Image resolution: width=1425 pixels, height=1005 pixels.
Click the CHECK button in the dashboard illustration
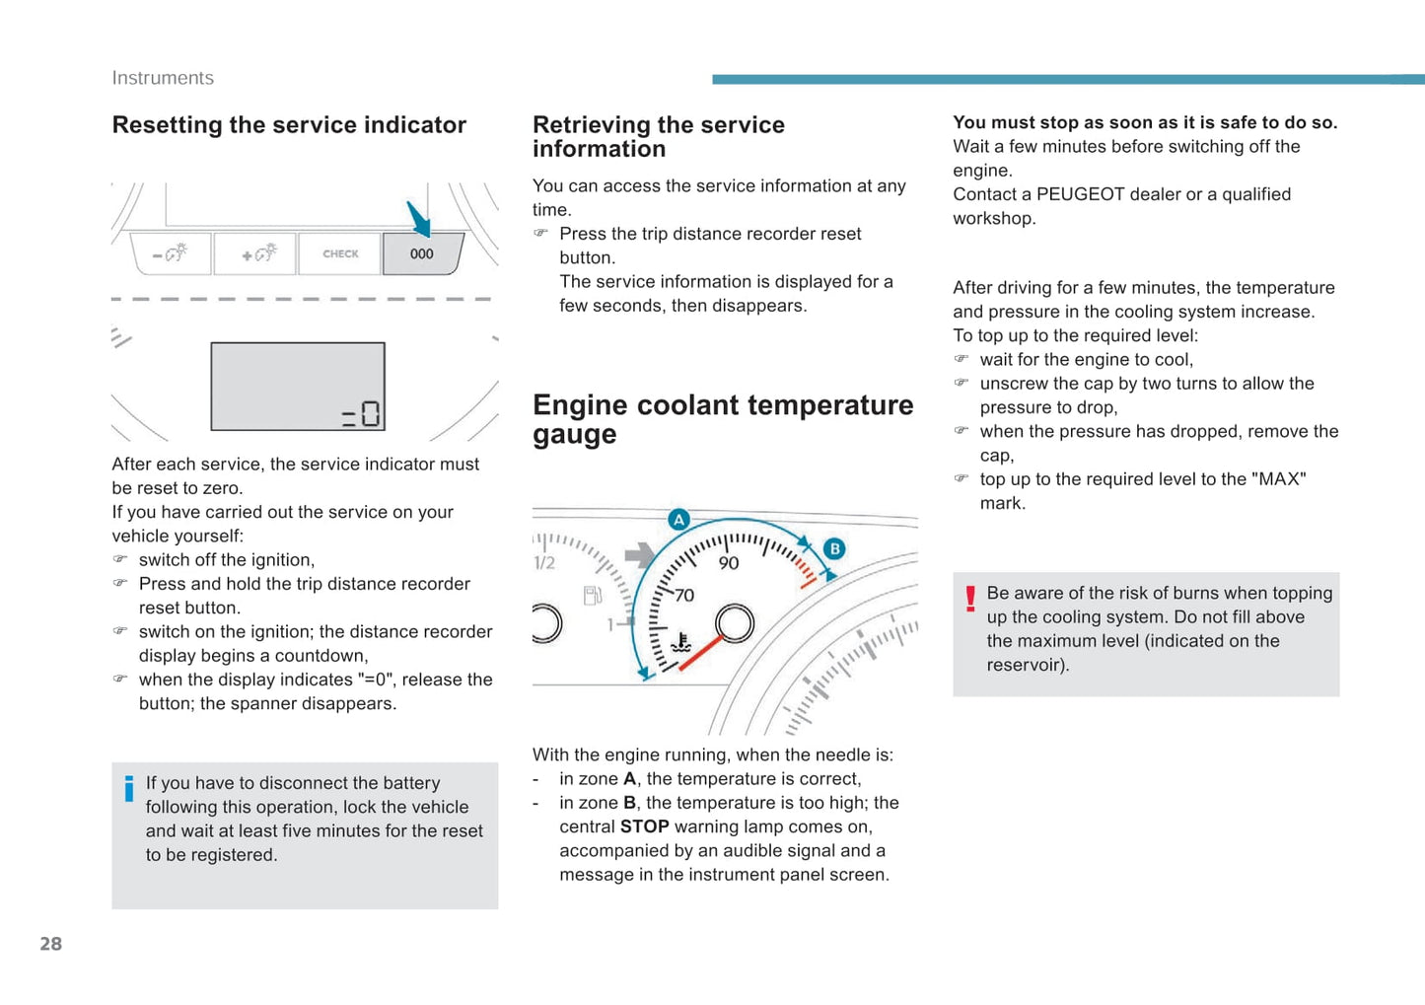pyautogui.click(x=340, y=253)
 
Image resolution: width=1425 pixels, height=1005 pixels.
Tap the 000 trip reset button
pyautogui.click(x=422, y=253)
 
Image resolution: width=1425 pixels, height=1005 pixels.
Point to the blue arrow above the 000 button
pyautogui.click(x=419, y=218)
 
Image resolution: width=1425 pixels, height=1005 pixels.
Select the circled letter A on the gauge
pyautogui.click(x=678, y=520)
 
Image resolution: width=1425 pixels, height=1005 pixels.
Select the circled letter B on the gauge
pyautogui.click(x=834, y=548)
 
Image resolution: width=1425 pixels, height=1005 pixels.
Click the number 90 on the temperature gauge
pyautogui.click(x=729, y=563)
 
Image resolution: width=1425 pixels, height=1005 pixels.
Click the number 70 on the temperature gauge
pyautogui.click(x=684, y=596)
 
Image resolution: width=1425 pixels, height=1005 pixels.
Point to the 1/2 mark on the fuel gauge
pyautogui.click(x=544, y=563)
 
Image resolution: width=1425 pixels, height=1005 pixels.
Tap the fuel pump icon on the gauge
pyautogui.click(x=593, y=595)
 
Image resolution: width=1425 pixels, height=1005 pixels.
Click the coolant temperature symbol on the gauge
pyautogui.click(x=680, y=643)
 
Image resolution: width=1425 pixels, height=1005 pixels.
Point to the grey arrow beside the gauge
pyautogui.click(x=639, y=555)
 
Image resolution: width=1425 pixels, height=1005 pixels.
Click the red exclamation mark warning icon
pyautogui.click(x=970, y=599)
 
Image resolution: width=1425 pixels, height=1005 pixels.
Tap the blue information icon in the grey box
pyautogui.click(x=129, y=789)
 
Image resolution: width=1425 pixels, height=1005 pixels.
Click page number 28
pyautogui.click(x=51, y=944)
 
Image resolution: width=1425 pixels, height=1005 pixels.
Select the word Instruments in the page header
pyautogui.click(x=163, y=78)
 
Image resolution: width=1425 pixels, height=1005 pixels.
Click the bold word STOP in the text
pyautogui.click(x=644, y=826)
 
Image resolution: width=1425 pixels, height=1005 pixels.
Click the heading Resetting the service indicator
pyautogui.click(x=289, y=125)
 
